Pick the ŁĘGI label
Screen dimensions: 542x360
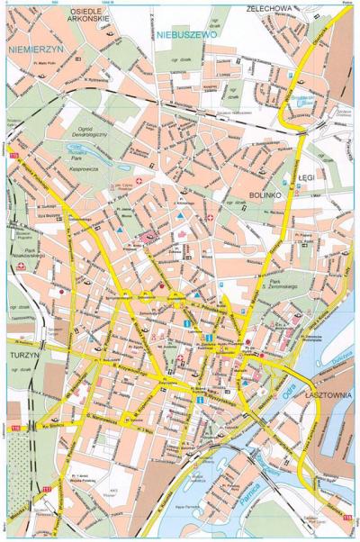[x=307, y=179]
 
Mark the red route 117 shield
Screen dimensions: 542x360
[x=46, y=489]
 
